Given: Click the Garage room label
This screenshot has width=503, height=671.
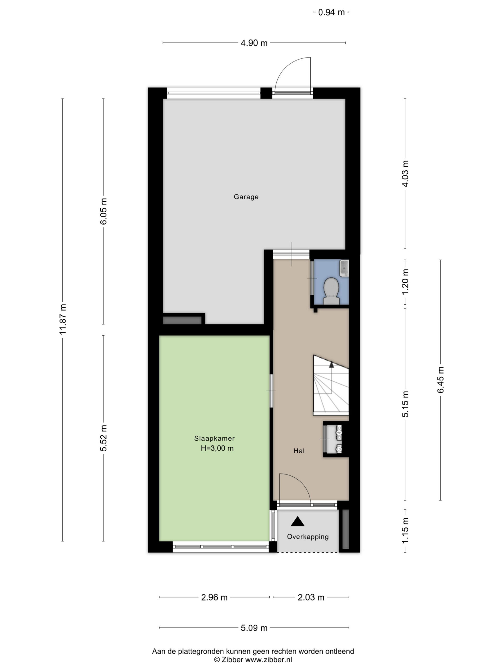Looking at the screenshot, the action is (x=246, y=197).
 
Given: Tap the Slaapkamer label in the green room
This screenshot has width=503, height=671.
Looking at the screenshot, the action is (x=214, y=438).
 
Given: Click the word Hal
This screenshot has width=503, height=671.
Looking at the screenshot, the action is (x=299, y=451).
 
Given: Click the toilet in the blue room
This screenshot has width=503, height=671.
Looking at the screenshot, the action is (x=331, y=291).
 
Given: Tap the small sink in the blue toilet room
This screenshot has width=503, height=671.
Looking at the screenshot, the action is (x=344, y=268).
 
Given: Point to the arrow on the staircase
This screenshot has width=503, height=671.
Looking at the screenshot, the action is (x=331, y=377).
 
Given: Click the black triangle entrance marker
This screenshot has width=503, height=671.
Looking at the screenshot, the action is (x=297, y=521).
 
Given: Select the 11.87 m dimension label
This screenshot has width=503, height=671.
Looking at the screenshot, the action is (x=63, y=319).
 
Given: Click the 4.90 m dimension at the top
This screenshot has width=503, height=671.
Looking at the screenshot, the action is (x=254, y=43).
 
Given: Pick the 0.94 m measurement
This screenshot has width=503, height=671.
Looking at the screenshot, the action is (x=331, y=12).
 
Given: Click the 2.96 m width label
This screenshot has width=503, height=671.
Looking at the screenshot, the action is (x=214, y=597).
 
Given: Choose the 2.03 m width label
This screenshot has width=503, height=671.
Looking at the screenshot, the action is (x=311, y=597).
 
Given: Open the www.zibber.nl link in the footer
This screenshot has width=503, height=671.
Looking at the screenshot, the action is (x=268, y=659).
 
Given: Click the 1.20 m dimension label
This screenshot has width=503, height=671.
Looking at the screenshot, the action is (x=405, y=281).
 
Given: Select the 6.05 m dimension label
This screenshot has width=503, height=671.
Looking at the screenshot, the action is (x=103, y=211).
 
